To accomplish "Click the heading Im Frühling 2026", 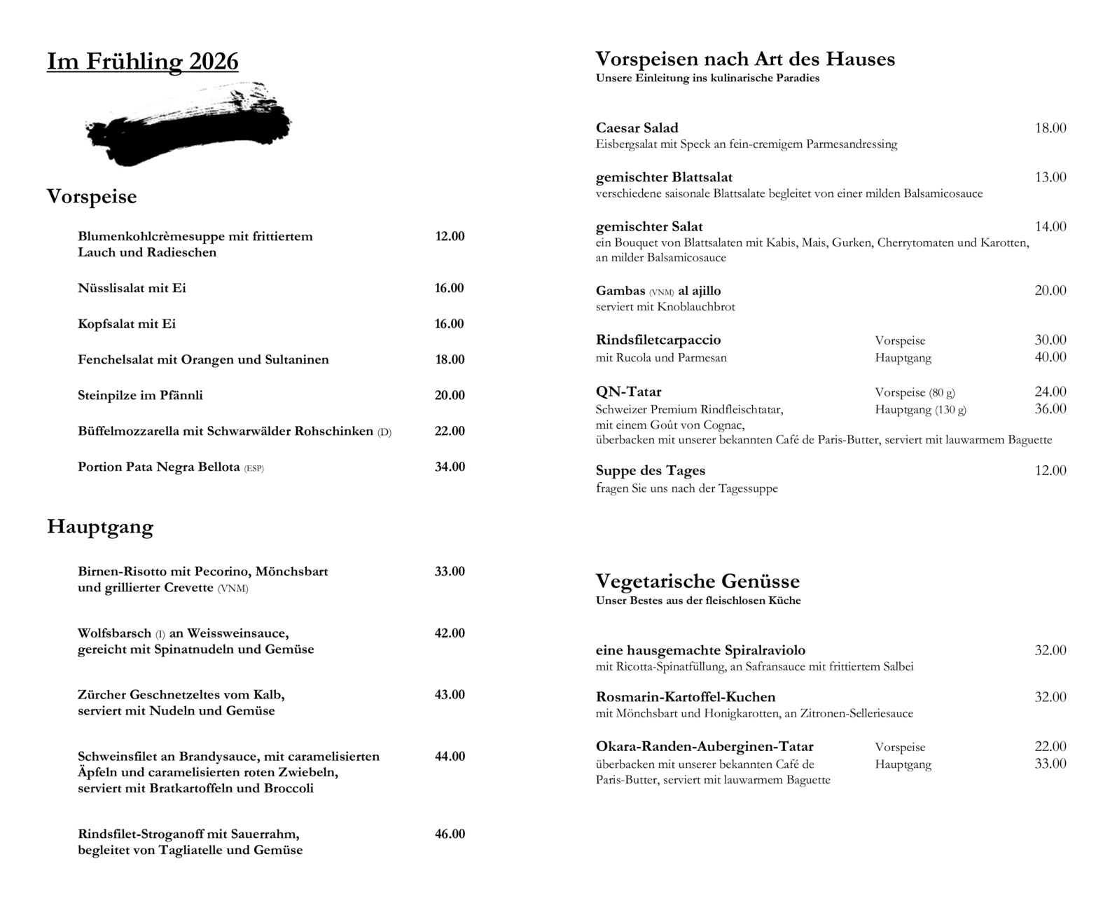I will point(143,62).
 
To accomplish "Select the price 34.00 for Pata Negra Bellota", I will point(450,467).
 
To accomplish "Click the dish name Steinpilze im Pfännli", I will point(140,395).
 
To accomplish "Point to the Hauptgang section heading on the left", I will point(100,527).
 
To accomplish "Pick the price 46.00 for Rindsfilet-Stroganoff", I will point(450,834).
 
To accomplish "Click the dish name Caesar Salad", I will point(637,128).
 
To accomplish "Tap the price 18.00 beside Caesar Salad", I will point(1050,128).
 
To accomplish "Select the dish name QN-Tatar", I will point(628,392).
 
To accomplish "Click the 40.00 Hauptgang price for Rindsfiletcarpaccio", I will point(1050,357).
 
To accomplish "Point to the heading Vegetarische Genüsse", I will point(698,581).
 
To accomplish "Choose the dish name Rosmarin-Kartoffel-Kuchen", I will point(686,697).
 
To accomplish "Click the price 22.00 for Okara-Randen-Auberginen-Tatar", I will point(1050,747).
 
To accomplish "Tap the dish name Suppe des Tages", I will point(650,471).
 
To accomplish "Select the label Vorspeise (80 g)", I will point(915,392).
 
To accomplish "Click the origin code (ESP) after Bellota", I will point(254,468).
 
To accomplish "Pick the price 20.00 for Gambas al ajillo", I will point(1050,291).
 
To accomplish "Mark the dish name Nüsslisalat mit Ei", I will point(132,288).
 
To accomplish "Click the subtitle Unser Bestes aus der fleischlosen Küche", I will point(698,600).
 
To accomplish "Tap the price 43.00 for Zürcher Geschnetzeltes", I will point(450,694).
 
